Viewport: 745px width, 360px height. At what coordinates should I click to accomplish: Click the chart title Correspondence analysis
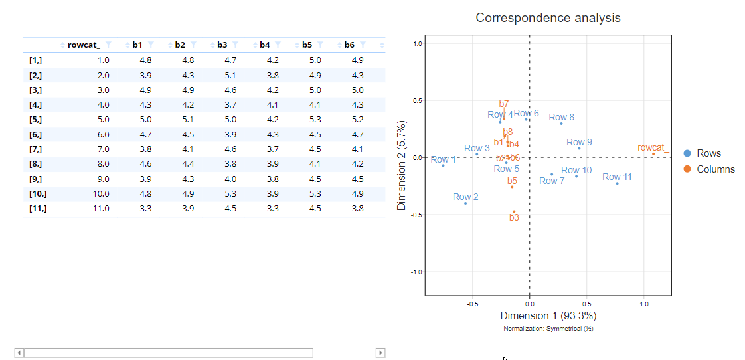548,18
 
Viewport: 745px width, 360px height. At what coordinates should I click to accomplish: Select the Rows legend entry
708,153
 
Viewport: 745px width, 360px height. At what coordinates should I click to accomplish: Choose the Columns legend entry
715,169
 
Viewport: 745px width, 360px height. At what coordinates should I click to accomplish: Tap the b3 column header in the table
222,45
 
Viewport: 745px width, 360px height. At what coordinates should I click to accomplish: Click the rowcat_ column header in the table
84,45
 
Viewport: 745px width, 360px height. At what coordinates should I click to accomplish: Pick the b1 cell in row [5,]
145,120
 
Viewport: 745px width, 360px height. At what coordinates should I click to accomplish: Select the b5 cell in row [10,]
315,194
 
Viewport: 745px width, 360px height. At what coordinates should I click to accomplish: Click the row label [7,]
36,149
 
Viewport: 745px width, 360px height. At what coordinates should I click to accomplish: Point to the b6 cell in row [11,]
357,209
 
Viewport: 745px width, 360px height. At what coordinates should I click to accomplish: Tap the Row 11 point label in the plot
617,177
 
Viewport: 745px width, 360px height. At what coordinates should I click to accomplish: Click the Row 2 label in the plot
465,197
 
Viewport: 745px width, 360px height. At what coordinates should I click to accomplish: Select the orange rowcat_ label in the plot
653,147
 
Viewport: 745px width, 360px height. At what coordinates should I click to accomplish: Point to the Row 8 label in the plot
561,117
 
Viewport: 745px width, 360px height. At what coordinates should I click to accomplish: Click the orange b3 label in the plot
514,217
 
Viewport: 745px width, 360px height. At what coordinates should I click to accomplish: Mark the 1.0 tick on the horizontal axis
643,304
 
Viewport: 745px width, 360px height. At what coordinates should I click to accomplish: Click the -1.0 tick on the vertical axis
416,272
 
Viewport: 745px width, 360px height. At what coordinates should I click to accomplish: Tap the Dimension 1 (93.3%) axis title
548,315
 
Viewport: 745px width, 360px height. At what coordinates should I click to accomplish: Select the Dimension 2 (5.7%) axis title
402,166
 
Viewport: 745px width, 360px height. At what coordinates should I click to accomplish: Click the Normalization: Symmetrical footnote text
548,329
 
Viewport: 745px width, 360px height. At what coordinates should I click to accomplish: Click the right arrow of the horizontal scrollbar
380,353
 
